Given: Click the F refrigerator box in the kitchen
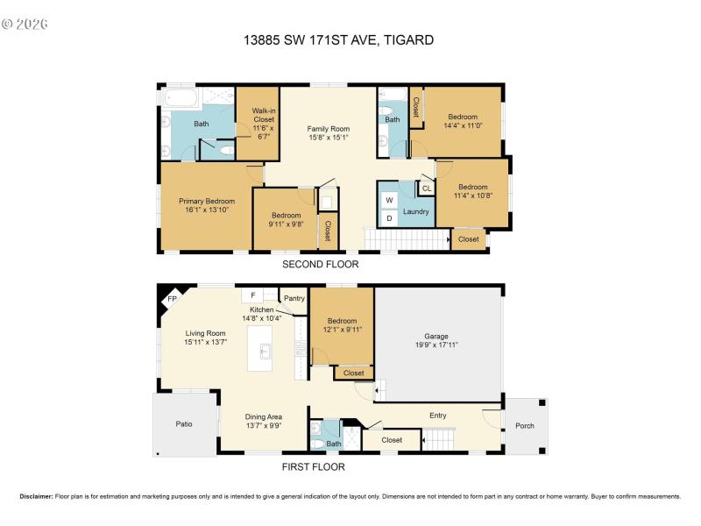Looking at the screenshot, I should coord(252,296).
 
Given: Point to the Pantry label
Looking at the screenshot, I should coord(294,298).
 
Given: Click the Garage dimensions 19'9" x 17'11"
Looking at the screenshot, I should coord(436,345).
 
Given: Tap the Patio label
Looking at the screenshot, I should coord(184,424).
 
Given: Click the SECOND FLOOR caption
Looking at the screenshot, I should coord(320,264).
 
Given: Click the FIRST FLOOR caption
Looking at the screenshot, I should coord(313,467).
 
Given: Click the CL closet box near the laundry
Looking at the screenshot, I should coord(427,188).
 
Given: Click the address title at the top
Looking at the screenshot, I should coord(337,39).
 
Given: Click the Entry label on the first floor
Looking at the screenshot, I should coord(437,416).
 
